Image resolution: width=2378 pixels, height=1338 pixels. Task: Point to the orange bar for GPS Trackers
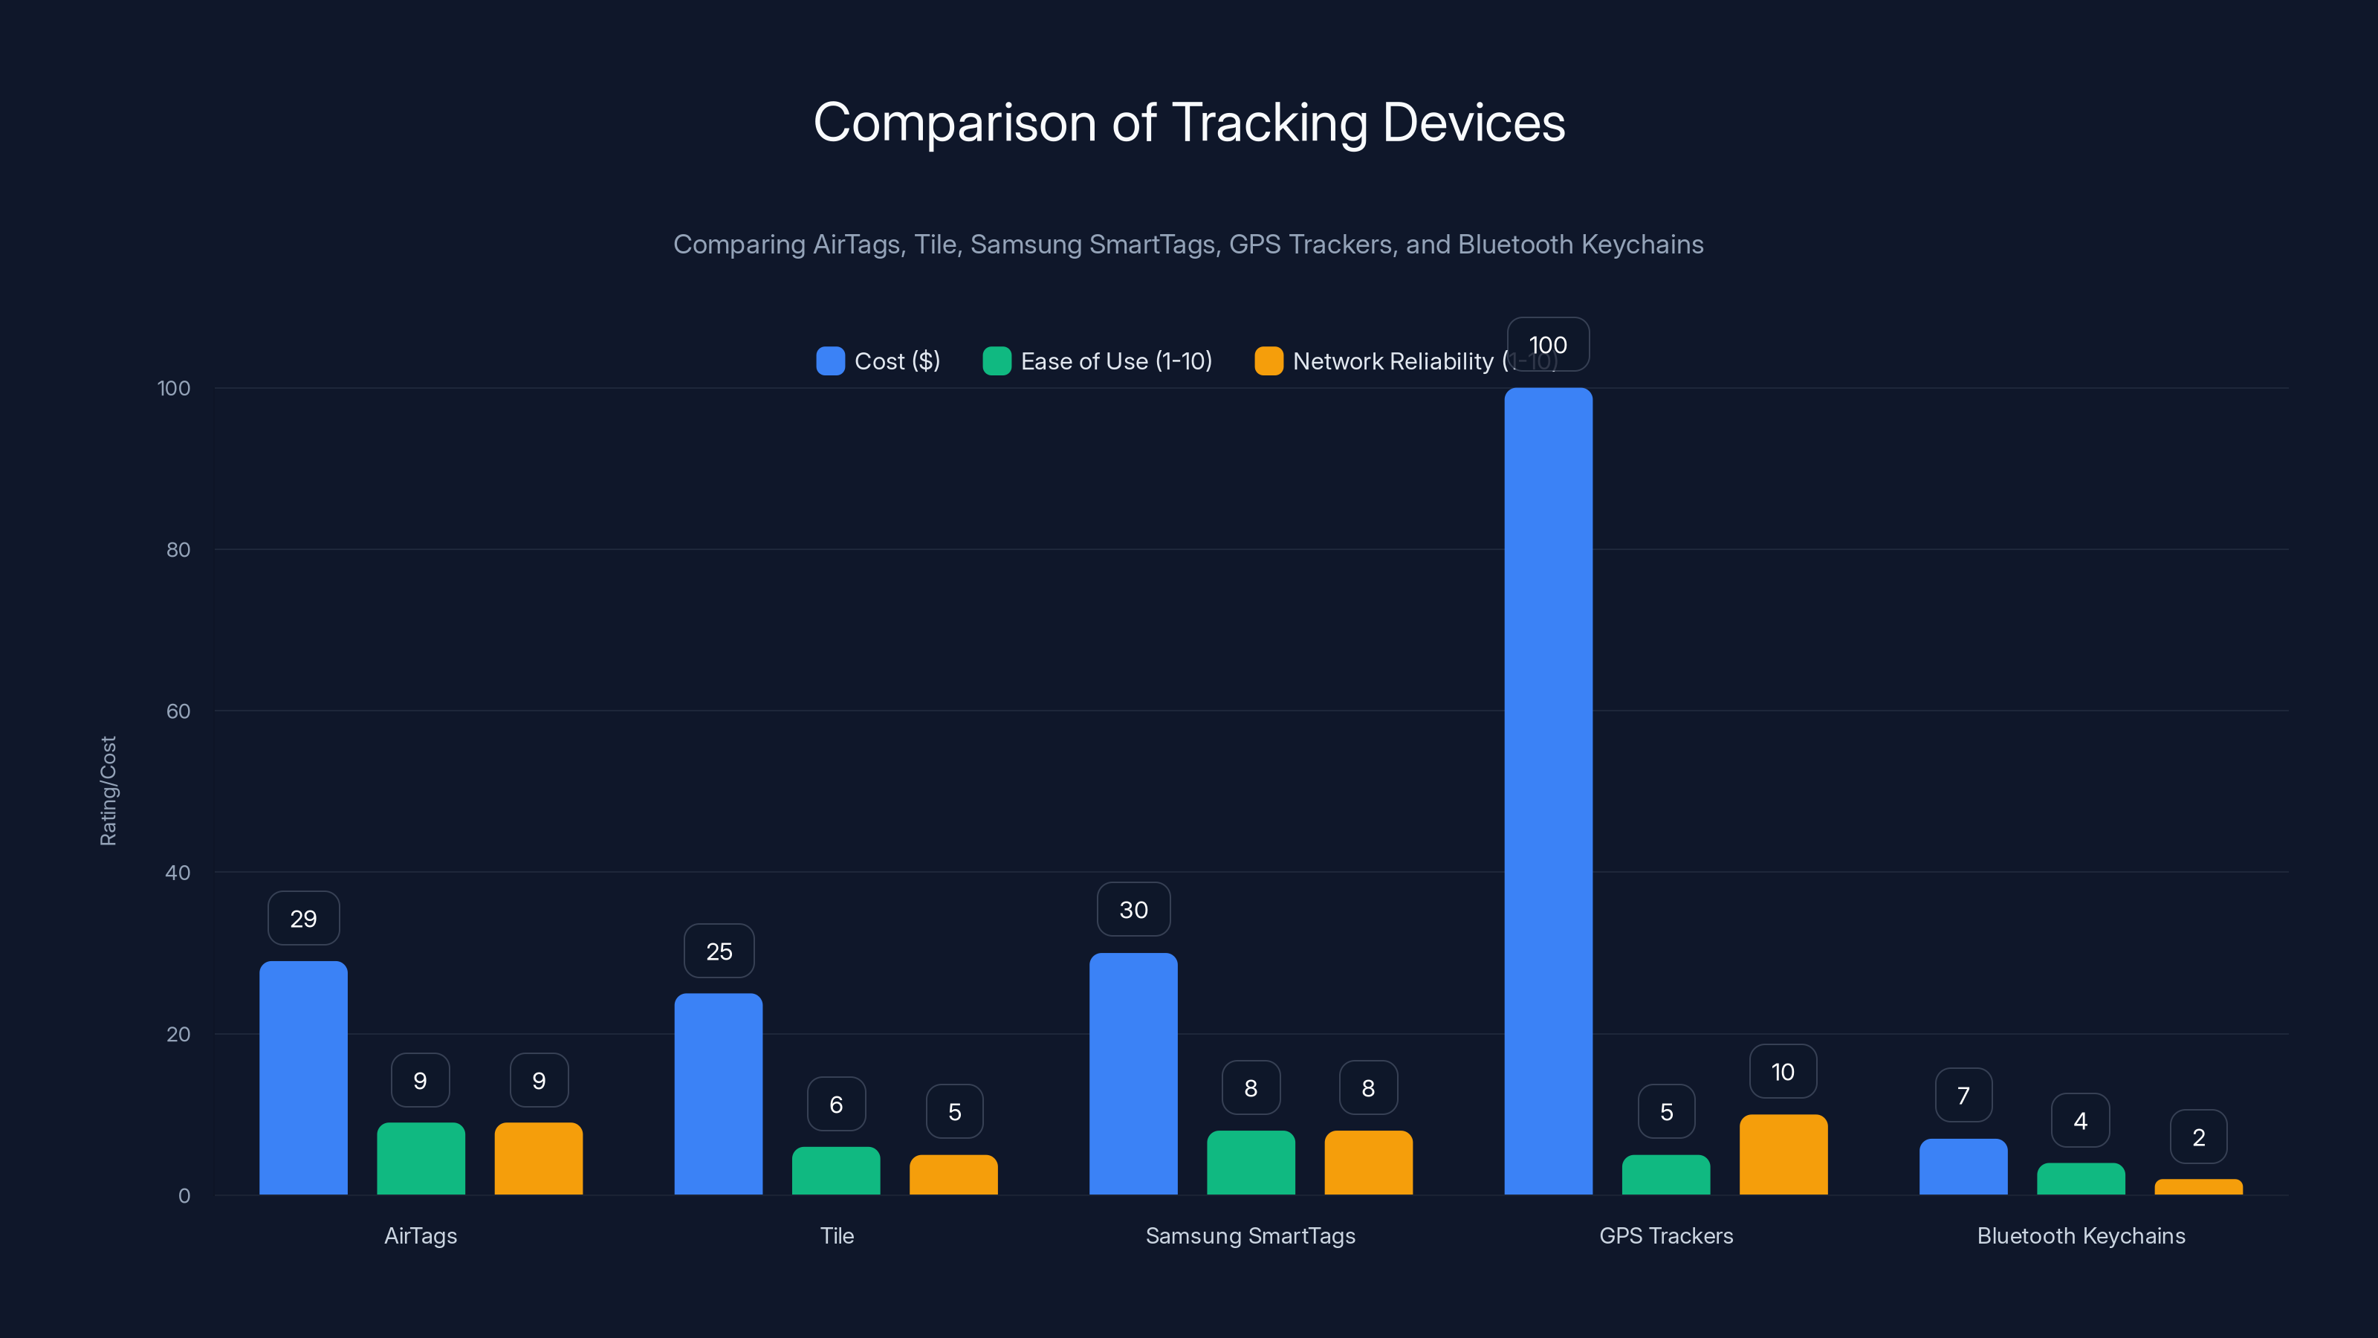[x=1783, y=1154]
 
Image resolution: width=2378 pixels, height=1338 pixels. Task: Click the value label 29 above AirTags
[x=304, y=918]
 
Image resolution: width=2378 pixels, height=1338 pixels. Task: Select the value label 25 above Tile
[x=719, y=951]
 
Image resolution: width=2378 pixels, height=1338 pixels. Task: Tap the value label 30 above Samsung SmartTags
[x=1133, y=910]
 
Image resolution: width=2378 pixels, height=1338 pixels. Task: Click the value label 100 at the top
[x=1548, y=344]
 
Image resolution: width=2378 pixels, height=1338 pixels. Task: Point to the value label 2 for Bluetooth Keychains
[x=2198, y=1137]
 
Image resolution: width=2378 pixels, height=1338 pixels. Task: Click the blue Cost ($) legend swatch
[x=830, y=361]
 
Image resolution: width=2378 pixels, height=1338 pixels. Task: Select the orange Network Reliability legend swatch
[x=1269, y=361]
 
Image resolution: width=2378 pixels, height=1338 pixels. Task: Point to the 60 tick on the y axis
[x=178, y=711]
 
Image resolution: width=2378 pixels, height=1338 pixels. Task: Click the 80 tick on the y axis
[x=178, y=549]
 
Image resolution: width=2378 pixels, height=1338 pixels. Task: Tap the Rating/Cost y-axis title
[x=108, y=790]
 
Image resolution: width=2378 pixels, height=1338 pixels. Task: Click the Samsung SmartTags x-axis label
[x=1250, y=1235]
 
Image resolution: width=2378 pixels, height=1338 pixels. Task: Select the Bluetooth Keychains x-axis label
[x=2081, y=1235]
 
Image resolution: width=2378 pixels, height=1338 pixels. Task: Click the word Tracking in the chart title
[x=1269, y=123]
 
